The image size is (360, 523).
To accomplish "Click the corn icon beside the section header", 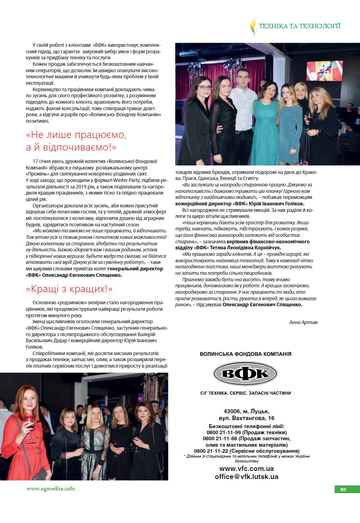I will point(253,26).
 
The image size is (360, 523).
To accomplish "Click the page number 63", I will point(343,489).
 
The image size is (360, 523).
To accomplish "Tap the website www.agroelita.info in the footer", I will point(51,488).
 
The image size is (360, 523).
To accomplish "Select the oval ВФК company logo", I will point(245,373).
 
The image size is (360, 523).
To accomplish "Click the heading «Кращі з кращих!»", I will point(69,289).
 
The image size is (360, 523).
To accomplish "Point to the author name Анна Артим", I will point(303,322).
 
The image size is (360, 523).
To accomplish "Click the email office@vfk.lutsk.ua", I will point(247,477).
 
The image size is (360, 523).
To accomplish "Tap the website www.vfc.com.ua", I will point(247,469).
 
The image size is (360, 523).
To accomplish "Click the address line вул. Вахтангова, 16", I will point(246,418).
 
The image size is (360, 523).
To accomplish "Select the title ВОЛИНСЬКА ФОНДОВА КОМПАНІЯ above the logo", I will point(245,354).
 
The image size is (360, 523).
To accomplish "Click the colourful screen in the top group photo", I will point(324,71).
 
